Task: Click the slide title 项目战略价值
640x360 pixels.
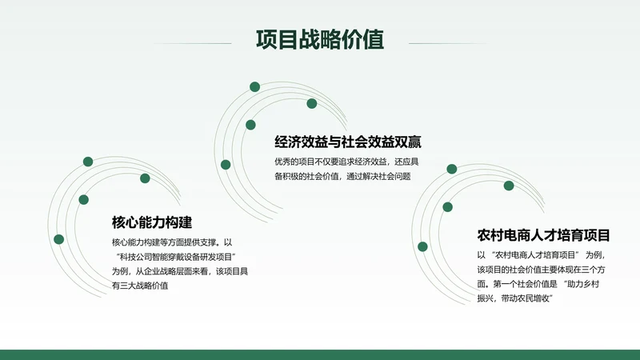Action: tap(319, 40)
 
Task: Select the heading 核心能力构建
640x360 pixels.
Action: tap(152, 222)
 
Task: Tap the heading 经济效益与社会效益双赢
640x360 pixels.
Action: tap(347, 142)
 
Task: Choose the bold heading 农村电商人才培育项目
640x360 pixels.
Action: tap(543, 235)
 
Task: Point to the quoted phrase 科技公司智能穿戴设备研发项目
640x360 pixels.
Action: tap(179, 256)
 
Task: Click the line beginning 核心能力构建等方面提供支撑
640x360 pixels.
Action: tap(171, 242)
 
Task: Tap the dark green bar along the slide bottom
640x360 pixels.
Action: tap(320, 354)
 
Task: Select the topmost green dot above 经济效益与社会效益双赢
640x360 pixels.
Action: tap(254, 86)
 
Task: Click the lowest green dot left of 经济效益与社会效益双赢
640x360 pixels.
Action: tap(226, 164)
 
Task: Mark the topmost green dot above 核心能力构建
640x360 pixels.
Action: tap(88, 162)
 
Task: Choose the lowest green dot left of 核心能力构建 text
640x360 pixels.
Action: tap(58, 239)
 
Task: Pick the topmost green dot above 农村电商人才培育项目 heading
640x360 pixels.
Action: tap(452, 169)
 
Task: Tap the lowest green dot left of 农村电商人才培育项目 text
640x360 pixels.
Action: tap(422, 246)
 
